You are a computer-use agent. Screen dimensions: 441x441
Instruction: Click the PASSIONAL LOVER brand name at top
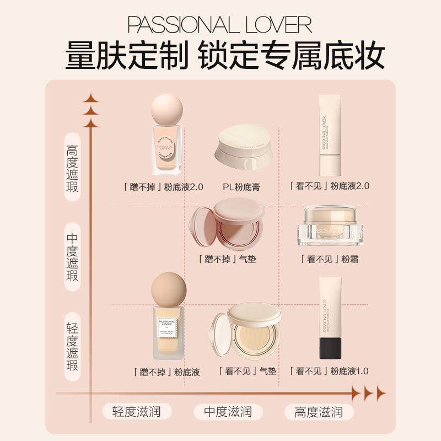[x=220, y=25]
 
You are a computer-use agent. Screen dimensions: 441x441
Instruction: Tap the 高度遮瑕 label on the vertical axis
[x=72, y=168]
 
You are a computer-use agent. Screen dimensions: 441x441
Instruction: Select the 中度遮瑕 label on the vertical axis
[x=72, y=257]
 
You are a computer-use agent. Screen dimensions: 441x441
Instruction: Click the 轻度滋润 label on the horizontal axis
[x=136, y=411]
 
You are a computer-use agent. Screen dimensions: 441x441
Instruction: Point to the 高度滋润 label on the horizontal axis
[x=319, y=411]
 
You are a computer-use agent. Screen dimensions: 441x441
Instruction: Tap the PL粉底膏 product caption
[x=241, y=187]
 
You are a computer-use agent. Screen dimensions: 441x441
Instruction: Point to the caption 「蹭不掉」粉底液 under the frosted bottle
[x=166, y=372]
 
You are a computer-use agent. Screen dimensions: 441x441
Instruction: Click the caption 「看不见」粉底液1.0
[x=329, y=371]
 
